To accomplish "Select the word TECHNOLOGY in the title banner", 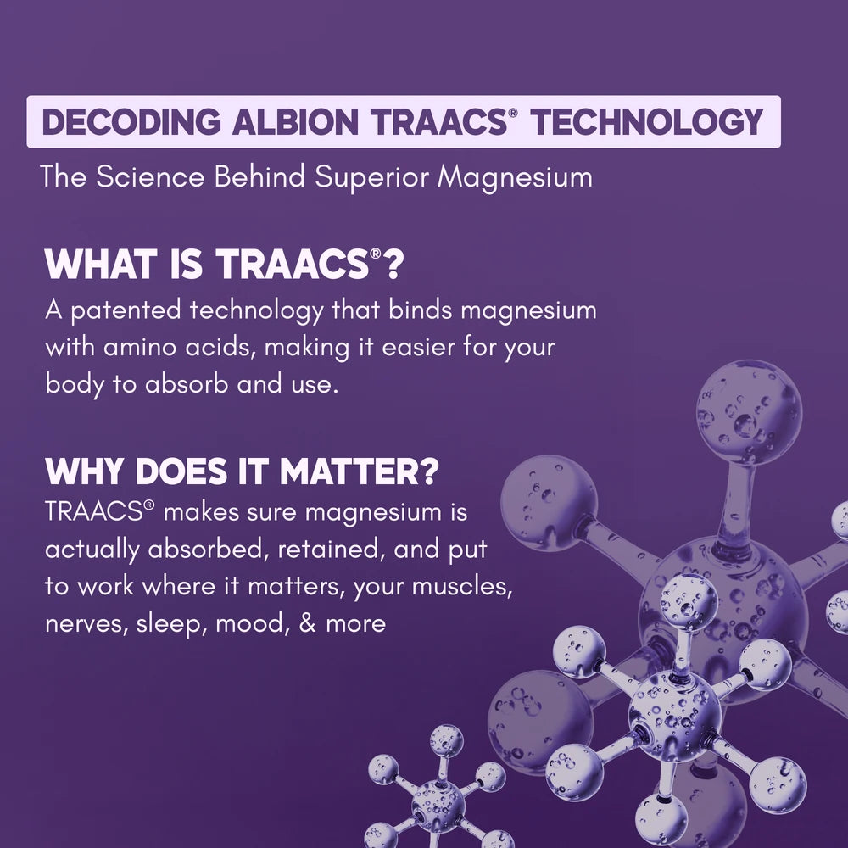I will coord(647,123).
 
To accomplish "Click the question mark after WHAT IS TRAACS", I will coord(391,265).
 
